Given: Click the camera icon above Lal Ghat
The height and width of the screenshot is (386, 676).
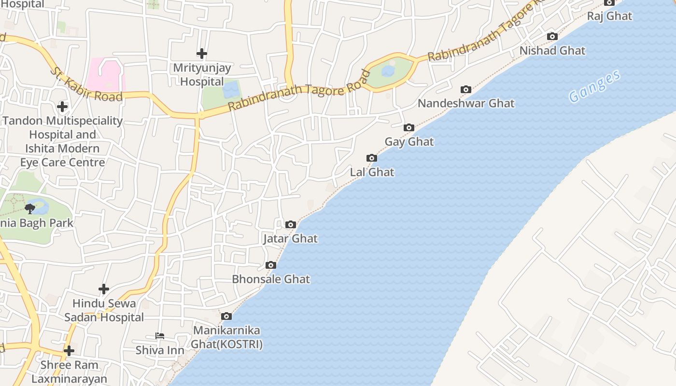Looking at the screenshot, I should (x=371, y=158).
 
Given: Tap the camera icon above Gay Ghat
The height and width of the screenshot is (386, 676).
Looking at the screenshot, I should (x=409, y=128).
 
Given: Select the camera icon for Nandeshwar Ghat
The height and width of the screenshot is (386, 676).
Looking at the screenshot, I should (x=465, y=89).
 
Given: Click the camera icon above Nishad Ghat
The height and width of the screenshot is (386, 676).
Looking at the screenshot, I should (x=552, y=36).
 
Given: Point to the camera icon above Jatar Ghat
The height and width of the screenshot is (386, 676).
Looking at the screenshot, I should (x=290, y=224).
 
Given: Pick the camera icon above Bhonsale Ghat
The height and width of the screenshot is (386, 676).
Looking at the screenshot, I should (x=271, y=265).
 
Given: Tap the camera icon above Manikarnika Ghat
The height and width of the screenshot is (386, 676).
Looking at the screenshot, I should (x=226, y=317).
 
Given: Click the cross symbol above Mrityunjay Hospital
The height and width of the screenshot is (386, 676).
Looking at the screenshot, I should (x=202, y=54).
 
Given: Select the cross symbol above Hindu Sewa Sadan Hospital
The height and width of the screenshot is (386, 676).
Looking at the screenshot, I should (x=104, y=289).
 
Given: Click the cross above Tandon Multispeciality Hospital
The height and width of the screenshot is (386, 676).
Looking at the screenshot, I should (x=62, y=107).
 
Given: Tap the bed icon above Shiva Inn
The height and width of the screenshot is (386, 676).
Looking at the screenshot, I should (x=159, y=336).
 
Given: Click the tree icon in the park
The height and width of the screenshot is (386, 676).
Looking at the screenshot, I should (x=30, y=208).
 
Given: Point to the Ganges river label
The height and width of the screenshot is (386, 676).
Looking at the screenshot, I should (x=594, y=87).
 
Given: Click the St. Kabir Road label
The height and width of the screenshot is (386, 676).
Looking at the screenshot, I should (x=86, y=85).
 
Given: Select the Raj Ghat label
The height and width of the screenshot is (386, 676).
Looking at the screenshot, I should (x=609, y=16).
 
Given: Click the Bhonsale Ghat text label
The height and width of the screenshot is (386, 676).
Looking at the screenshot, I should (x=271, y=279).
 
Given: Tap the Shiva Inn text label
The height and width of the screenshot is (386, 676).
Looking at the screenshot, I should (x=159, y=350).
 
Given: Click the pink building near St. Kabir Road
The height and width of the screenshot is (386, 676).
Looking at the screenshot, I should (x=106, y=74).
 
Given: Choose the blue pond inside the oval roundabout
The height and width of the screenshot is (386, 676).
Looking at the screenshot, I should (x=388, y=71).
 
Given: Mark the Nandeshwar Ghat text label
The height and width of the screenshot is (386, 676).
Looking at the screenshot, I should (x=466, y=103).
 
